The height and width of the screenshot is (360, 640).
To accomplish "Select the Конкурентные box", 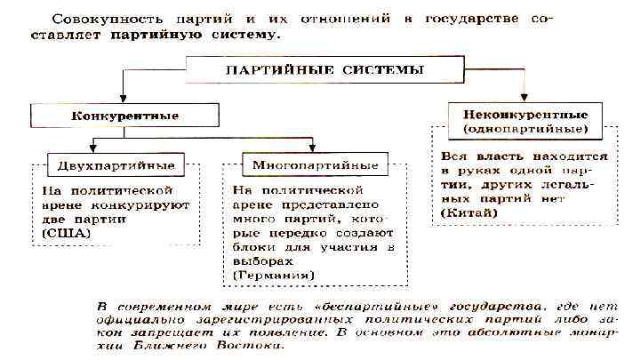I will [124, 116].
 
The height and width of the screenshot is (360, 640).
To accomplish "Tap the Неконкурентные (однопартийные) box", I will [526, 122].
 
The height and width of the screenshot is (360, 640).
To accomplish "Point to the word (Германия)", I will [272, 276].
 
